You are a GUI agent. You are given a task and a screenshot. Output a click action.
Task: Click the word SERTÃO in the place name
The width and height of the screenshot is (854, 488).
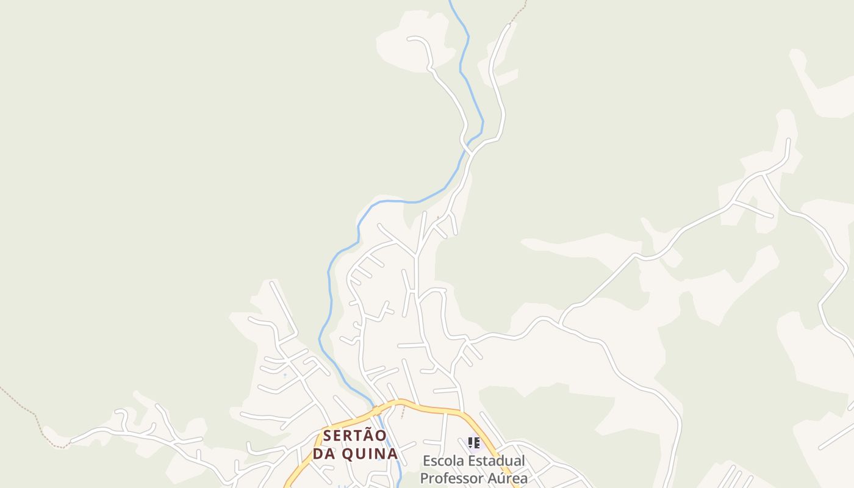(x=354, y=436)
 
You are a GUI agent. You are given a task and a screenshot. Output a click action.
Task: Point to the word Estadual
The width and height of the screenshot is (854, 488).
(x=497, y=461)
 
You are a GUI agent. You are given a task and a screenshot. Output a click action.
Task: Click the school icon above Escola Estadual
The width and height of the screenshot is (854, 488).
(x=473, y=443)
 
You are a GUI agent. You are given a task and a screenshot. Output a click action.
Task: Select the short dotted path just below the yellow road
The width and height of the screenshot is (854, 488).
(x=403, y=413)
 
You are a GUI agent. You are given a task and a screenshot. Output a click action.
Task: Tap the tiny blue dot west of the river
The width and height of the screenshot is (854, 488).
(x=285, y=375)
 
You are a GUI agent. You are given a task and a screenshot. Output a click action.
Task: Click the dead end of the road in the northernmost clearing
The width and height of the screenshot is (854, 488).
(x=409, y=38)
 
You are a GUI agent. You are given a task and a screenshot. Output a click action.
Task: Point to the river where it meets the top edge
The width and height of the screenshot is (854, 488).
(x=450, y=2)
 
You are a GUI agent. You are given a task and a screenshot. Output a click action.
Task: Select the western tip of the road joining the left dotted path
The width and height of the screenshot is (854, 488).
(x=71, y=441)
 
